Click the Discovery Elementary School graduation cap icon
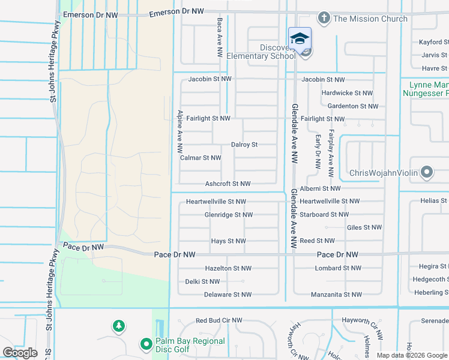pyautogui.click(x=300, y=39)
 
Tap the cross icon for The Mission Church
pyautogui.click(x=324, y=18)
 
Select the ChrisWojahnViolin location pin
pyautogui.click(x=427, y=173)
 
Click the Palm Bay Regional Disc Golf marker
pyautogui.click(x=145, y=344)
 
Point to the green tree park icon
pyautogui.click(x=119, y=326)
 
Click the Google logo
pyautogui.click(x=20, y=353)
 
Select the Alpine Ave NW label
pyautogui.click(x=179, y=130)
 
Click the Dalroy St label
pyautogui.click(x=244, y=145)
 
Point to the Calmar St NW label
pyautogui.click(x=200, y=158)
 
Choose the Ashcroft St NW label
pyautogui.click(x=228, y=184)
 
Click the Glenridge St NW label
pyautogui.click(x=228, y=214)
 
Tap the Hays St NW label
pyautogui.click(x=228, y=241)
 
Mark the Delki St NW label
pyautogui.click(x=202, y=281)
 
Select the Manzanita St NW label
pyautogui.click(x=336, y=295)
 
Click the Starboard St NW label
pyautogui.click(x=324, y=214)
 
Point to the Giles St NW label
pyautogui.click(x=364, y=227)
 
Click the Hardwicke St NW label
pyautogui.click(x=347, y=93)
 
